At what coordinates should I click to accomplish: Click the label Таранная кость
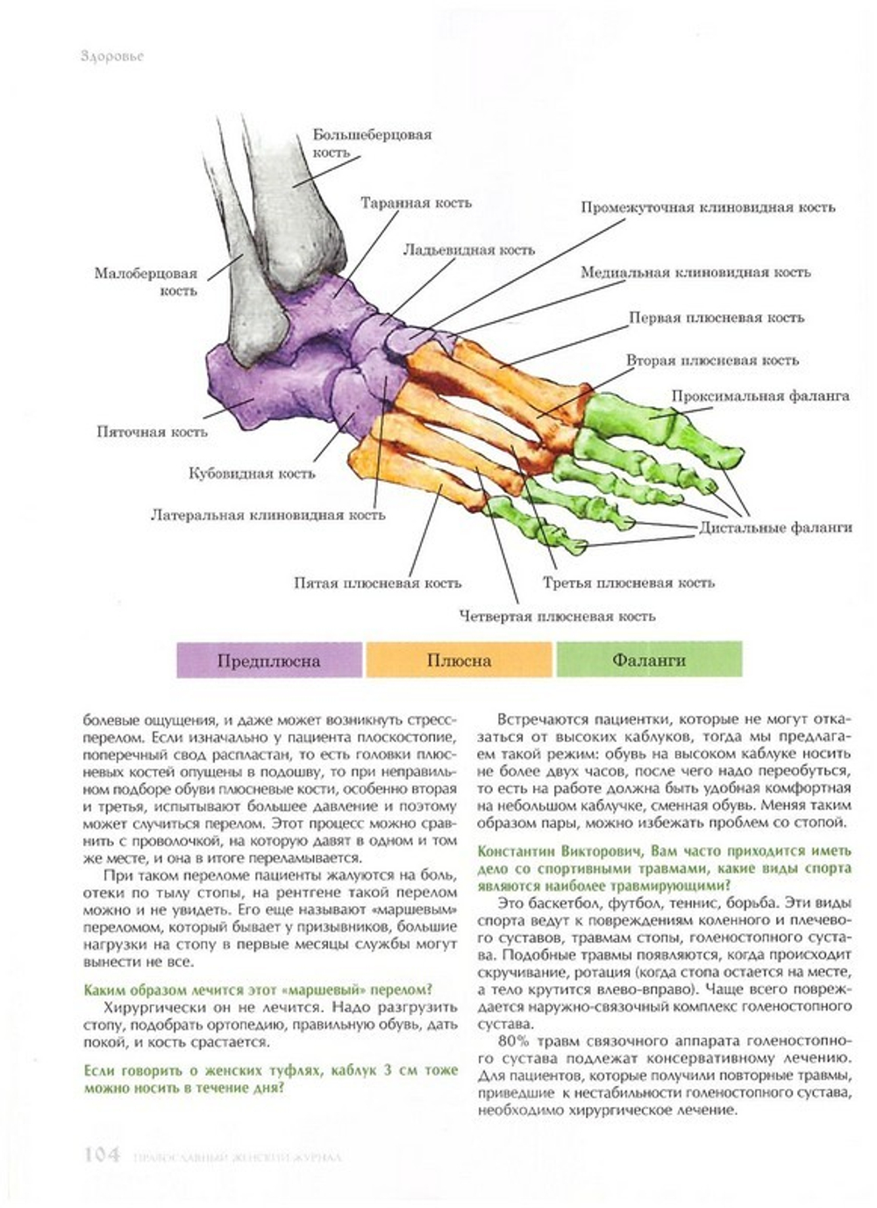(416, 203)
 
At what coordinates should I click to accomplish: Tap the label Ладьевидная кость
(468, 249)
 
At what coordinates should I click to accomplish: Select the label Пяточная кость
(152, 432)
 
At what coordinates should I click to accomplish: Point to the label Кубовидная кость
(252, 474)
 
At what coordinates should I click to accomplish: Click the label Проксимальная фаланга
(760, 396)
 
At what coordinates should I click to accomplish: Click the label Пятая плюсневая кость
(377, 583)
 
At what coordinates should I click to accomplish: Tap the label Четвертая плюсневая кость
(557, 616)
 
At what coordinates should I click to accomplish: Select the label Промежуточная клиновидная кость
(707, 208)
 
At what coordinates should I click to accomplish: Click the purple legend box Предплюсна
(269, 660)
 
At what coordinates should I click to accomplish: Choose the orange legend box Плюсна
(459, 660)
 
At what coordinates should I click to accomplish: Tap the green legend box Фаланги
(649, 660)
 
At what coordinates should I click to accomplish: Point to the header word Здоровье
(111, 56)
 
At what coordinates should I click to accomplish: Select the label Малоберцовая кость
(146, 282)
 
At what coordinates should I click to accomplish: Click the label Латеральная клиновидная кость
(267, 515)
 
